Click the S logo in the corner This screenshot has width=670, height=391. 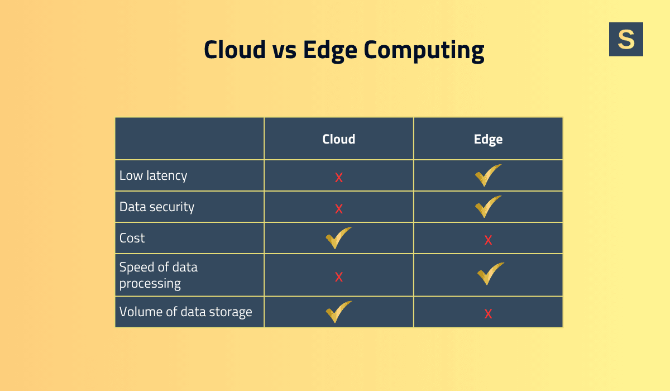[x=626, y=39]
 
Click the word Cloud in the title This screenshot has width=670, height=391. [x=234, y=49]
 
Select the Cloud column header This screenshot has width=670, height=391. [x=338, y=139]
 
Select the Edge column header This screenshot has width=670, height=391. [x=488, y=139]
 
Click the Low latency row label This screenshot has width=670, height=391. [x=153, y=175]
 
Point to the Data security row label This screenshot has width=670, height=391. [x=157, y=207]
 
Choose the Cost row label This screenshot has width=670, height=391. [x=132, y=238]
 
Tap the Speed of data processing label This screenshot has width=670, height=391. [x=159, y=275]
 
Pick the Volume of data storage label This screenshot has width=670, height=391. [x=186, y=312]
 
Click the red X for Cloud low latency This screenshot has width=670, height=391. [x=338, y=178]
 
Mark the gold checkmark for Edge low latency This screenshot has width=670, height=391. [x=488, y=175]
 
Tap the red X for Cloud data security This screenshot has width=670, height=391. [x=338, y=209]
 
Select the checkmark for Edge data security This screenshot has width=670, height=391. [x=488, y=207]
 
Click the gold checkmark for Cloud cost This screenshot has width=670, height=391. [x=338, y=238]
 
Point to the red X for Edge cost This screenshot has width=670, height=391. [x=488, y=240]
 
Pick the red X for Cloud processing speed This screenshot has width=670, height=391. [x=338, y=277]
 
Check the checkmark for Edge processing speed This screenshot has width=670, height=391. [x=490, y=274]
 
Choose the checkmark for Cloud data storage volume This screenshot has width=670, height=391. [x=338, y=312]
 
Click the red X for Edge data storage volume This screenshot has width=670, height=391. [x=488, y=314]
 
